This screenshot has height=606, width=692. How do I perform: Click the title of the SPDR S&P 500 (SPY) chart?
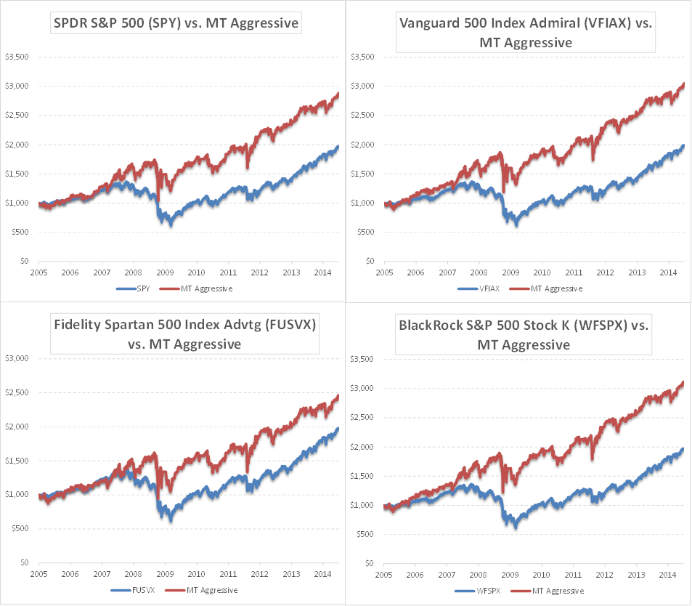[176, 24]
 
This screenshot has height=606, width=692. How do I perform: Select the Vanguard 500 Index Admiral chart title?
[526, 33]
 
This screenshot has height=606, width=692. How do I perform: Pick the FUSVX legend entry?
[142, 590]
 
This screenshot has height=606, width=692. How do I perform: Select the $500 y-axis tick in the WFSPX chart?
[365, 534]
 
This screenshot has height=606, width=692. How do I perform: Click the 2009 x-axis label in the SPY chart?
[165, 272]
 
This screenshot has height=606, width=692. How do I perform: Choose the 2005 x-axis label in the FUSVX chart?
[39, 573]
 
